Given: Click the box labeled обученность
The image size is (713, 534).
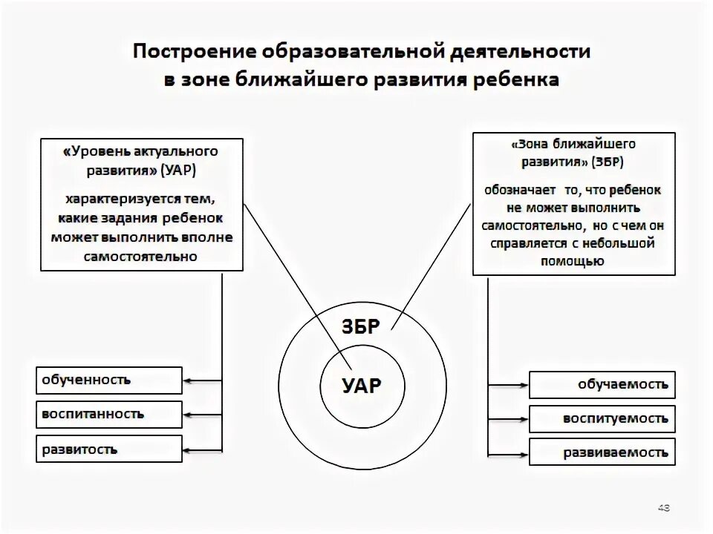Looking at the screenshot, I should coord(108,380).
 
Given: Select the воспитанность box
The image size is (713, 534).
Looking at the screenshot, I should coord(108,415).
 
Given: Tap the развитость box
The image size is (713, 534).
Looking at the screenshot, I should coord(108,449).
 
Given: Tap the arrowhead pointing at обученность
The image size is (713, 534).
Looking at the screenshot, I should coord(187,380).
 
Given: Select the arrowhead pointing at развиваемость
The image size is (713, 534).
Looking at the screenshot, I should coord(524,452).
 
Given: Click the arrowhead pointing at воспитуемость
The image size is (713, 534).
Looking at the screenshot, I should coord(524,419).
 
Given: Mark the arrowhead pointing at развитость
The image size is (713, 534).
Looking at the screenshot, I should coord(187,449).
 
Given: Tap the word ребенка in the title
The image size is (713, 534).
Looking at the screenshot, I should coord(512,79).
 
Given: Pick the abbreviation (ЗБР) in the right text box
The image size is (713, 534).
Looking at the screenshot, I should coord(608,162).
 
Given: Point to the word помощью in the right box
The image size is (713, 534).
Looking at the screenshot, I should coord(573,261).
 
